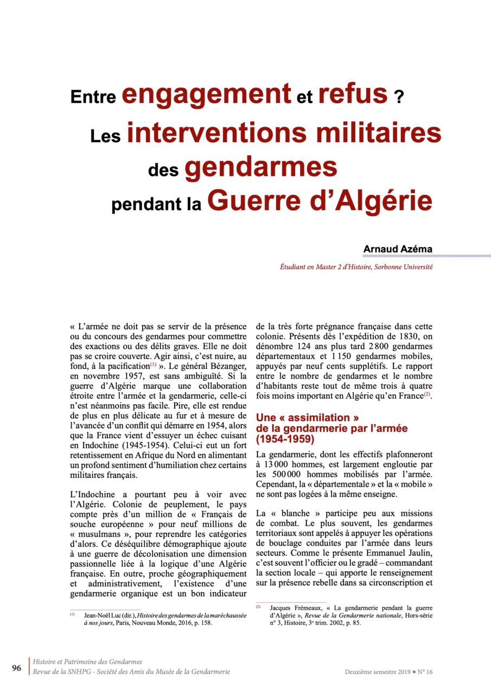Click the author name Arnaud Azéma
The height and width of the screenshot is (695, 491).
click(398, 249)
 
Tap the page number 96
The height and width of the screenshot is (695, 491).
click(17, 668)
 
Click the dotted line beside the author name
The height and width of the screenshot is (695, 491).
click(459, 255)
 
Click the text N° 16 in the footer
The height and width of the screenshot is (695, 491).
click(425, 672)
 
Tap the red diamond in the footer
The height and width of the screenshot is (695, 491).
click(414, 672)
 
